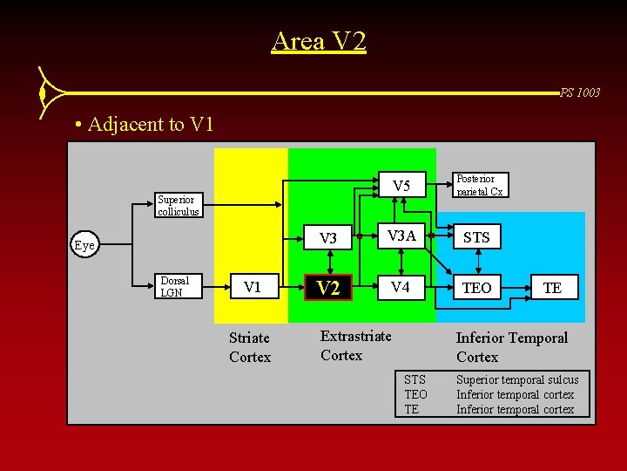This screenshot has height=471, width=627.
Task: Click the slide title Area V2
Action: tap(319, 41)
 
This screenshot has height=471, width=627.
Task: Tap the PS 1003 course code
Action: tap(580, 92)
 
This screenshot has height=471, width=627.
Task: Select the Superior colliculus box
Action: tap(179, 205)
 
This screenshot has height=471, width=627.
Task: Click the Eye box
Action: tap(84, 245)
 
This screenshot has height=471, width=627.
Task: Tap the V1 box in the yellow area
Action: tap(253, 287)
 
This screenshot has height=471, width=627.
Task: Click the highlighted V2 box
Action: tap(327, 288)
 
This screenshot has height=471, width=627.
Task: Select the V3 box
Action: tap(327, 238)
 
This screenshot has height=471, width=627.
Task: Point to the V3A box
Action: tap(401, 236)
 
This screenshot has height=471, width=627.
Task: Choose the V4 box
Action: tap(401, 287)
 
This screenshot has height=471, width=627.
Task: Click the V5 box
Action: tap(401, 186)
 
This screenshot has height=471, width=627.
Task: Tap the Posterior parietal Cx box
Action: tap(480, 185)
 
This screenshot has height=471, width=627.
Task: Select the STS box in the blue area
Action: tap(476, 237)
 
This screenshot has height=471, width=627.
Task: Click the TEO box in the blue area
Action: tap(476, 288)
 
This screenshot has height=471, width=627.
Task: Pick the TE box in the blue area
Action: tap(551, 288)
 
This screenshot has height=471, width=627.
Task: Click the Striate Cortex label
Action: tap(250, 347)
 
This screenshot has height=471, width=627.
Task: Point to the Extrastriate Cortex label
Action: tap(355, 345)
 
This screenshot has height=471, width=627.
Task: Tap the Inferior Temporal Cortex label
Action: tap(511, 347)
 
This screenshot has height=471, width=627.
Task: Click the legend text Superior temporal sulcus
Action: tap(516, 379)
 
